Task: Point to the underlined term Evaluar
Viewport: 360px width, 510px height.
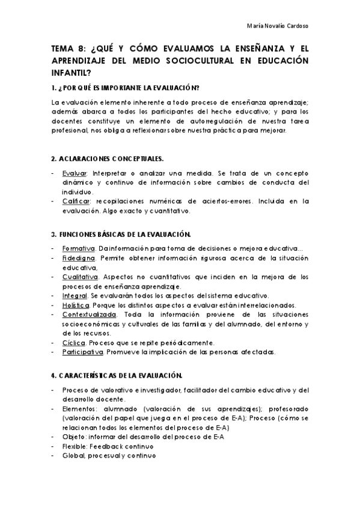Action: [x=74, y=173]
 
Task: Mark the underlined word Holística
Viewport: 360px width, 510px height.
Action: [x=76, y=304]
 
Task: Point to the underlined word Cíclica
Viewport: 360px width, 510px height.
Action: [x=74, y=342]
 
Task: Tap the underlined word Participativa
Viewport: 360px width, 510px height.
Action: [x=83, y=352]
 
